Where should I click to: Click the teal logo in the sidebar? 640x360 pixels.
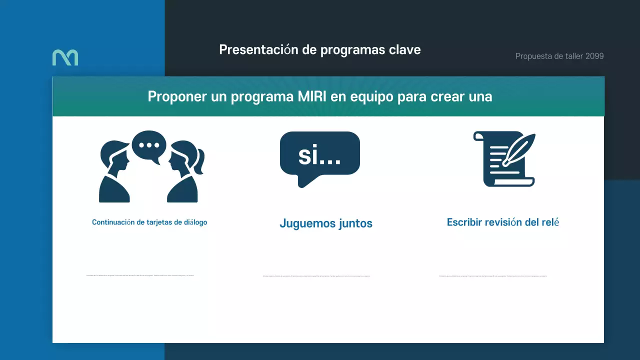point(65,57)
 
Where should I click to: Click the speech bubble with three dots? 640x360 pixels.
point(149,145)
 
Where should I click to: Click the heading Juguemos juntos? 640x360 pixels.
point(326,223)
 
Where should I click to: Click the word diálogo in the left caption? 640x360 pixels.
point(195,222)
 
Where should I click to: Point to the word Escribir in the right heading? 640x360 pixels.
point(464,222)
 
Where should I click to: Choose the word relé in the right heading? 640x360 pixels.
point(550,222)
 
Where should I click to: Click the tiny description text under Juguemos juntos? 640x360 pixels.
point(316,276)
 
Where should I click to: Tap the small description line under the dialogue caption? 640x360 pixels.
point(140,275)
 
